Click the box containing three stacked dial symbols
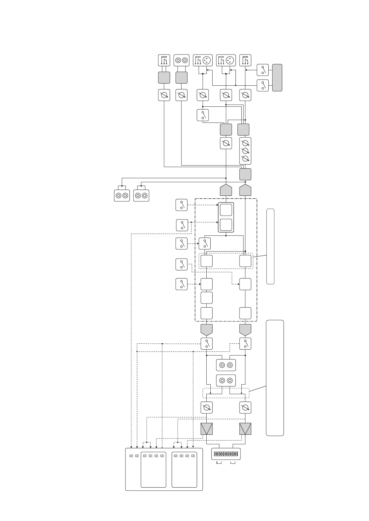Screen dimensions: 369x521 click(245, 151)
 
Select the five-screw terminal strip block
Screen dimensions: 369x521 click(226, 454)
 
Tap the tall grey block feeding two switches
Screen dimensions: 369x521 click(277, 78)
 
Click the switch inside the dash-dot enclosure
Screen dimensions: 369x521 click(204, 243)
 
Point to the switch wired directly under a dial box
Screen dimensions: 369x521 click(203, 115)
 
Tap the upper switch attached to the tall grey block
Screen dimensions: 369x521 click(263, 70)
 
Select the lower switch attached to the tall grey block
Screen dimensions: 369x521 click(263, 85)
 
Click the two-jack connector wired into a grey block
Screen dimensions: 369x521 click(181, 60)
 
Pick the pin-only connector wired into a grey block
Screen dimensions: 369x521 click(164, 60)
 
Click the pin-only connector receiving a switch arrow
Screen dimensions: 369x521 click(245, 60)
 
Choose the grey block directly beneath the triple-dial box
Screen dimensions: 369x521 click(245, 174)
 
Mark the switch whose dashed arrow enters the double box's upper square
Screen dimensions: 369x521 click(181, 205)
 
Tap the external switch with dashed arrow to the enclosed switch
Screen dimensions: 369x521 click(181, 243)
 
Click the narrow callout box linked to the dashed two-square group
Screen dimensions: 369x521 click(270, 246)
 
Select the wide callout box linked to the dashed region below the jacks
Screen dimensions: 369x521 click(275, 378)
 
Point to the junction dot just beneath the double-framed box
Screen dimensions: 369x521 click(226, 236)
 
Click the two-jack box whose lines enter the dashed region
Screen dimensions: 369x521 click(226, 380)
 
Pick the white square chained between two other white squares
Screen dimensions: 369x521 click(206, 298)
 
